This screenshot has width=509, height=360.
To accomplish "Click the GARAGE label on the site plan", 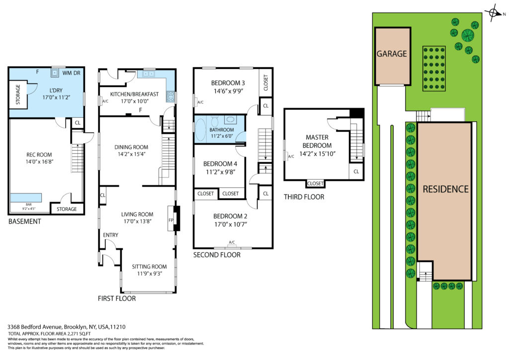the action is pos(392,54).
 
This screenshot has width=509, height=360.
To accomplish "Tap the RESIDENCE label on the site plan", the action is pos(445,189).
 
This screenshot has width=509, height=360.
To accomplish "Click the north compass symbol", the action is pos(494,13).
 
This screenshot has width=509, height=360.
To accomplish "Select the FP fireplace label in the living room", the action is pos(171,220).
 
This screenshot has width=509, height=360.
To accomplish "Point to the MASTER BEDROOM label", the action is pos(317,142).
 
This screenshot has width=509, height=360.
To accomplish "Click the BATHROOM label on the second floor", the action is pos(221,129).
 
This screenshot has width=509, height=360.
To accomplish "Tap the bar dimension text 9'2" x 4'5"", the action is pos(28,209).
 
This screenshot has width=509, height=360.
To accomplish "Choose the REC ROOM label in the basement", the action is pos(39,155).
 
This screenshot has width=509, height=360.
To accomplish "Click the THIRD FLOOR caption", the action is pos(304,197).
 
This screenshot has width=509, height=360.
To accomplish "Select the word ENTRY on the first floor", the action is pos(111,235).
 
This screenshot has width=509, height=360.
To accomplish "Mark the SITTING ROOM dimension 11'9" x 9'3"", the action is pos(149,273).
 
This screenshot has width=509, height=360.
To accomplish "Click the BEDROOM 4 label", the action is pos(220,164).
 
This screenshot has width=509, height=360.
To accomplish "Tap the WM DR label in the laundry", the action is pos(71,73).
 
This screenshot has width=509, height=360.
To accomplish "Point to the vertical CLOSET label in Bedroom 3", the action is pos(266,83).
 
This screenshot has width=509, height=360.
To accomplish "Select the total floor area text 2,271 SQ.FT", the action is pos(79,333).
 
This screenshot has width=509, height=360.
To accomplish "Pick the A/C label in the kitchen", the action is pos(105,101).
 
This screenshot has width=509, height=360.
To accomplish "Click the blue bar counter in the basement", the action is pos(26,198).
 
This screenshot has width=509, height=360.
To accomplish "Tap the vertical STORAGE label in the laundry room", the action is pos(18,94).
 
